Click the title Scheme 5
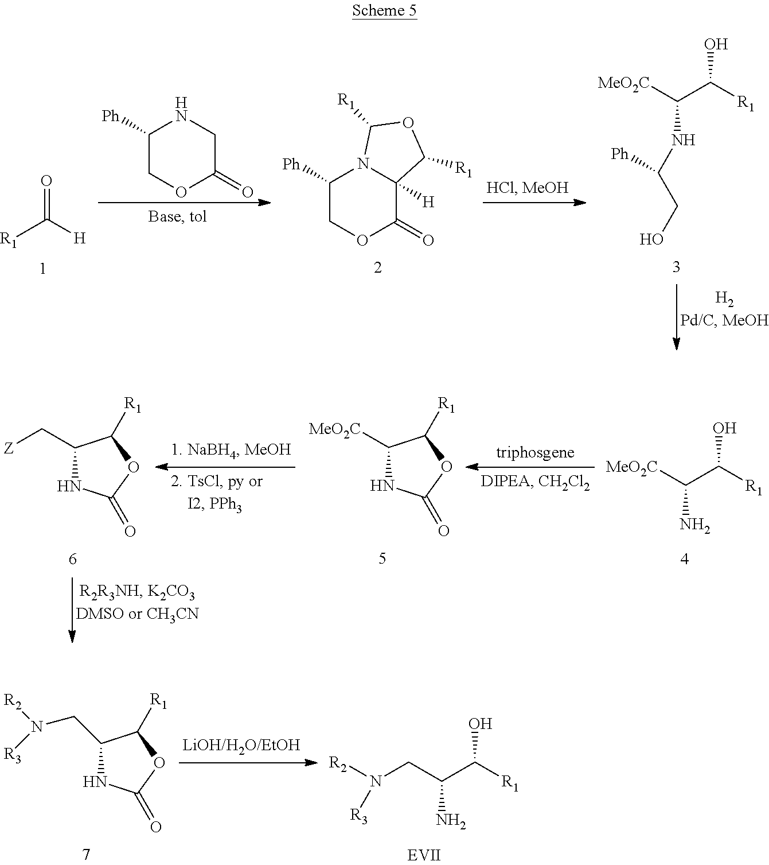[384, 10]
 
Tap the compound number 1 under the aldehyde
[42, 268]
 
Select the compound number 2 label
[377, 267]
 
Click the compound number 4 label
[684, 558]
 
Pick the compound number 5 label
[382, 558]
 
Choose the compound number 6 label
[72, 558]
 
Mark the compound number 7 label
[86, 854]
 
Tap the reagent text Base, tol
[177, 216]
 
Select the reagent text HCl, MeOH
[528, 187]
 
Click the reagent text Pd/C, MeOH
[724, 320]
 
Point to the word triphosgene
[535, 452]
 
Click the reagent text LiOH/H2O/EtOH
[241, 745]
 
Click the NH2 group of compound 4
[694, 525]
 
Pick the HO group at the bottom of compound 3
[651, 239]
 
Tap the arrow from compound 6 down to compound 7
[72, 610]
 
